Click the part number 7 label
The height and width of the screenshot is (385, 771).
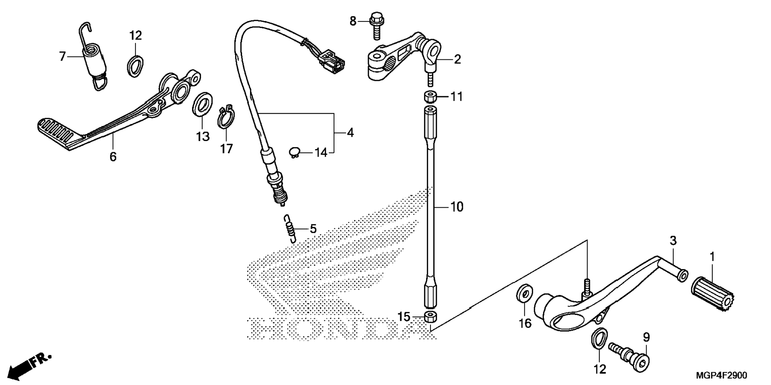coord(62,57)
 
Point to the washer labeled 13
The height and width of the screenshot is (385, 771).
coord(203,105)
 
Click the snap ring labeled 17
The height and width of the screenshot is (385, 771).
coord(226,117)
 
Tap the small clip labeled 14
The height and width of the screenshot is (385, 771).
coord(295,152)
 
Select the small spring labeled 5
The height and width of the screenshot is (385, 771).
coord(291,229)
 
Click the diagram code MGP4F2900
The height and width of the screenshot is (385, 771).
coord(722,375)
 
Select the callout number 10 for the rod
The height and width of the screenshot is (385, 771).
coord(457,207)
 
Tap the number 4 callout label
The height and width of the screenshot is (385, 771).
coord(350,132)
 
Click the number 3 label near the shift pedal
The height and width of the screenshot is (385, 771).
coord(673,241)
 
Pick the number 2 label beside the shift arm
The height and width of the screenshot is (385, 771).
coord(457,59)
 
